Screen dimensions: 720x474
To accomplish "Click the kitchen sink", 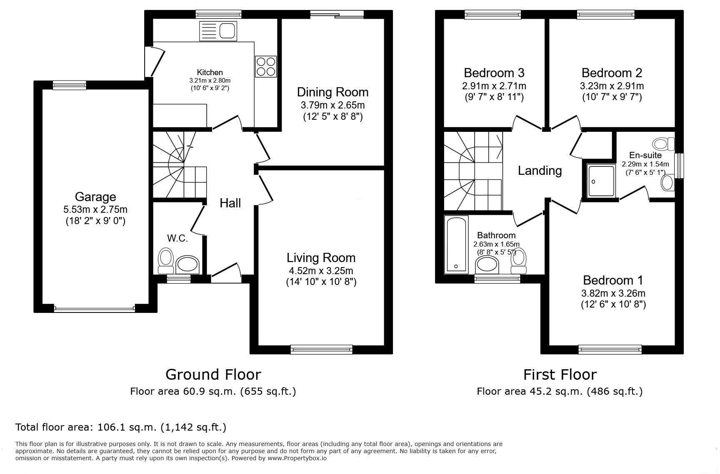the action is (x=218, y=31).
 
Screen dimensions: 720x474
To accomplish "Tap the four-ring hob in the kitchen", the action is (x=266, y=66).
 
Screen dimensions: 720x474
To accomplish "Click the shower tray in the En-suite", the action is (x=601, y=181).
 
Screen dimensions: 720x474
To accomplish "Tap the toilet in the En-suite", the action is (x=664, y=144).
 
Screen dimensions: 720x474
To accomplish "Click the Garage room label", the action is (x=95, y=197).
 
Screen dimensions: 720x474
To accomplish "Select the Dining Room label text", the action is (x=332, y=92).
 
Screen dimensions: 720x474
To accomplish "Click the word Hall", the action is (x=230, y=203).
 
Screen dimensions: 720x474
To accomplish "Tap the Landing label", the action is (x=540, y=171).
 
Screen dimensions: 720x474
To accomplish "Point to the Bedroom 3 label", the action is (x=494, y=73).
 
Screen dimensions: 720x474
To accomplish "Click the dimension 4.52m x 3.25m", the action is (x=321, y=270).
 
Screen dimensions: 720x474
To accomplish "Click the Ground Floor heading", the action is (x=213, y=374).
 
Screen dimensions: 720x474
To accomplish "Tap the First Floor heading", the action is (x=560, y=374).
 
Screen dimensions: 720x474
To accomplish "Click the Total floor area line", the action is (x=121, y=427).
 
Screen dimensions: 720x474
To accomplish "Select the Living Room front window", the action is (x=322, y=350).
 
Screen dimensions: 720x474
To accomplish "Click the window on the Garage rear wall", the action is (x=70, y=85).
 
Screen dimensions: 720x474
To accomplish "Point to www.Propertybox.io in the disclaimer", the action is (x=297, y=458).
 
